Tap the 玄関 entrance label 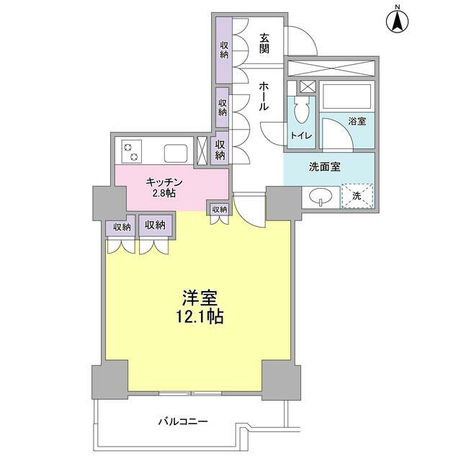click(264, 43)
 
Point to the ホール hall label click(264, 96)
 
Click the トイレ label click(301, 135)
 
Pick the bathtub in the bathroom click(347, 97)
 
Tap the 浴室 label click(357, 121)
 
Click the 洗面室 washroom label click(325, 166)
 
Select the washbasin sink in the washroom click(321, 196)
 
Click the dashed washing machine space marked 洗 click(357, 196)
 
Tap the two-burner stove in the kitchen click(131, 151)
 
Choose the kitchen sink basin click(176, 153)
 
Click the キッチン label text click(164, 182)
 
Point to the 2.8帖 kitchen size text click(164, 193)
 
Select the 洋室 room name click(200, 297)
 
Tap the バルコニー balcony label click(183, 422)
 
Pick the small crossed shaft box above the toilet click(308, 87)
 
